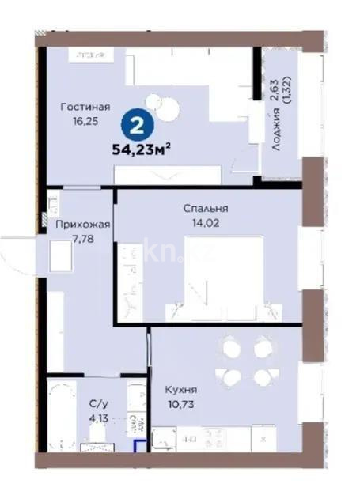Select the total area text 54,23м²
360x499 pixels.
click(142, 146)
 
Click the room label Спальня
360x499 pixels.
click(205, 208)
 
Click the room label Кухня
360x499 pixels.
click(180, 390)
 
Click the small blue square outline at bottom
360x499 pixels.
click(139, 448)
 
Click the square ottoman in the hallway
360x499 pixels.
click(62, 256)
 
